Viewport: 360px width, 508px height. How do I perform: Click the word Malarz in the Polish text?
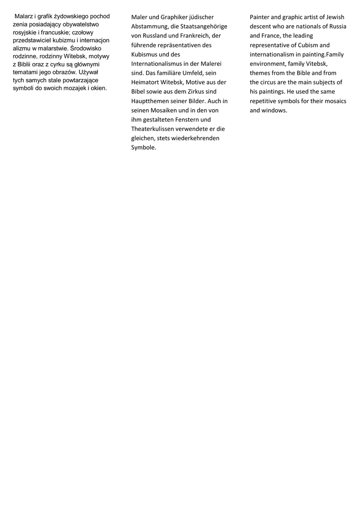(24, 16)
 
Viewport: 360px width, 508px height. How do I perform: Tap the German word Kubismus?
(144, 55)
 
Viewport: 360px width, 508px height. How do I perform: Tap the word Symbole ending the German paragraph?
(144, 147)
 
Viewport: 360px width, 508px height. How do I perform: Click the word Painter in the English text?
(260, 17)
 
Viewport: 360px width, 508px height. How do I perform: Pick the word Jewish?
(335, 17)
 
